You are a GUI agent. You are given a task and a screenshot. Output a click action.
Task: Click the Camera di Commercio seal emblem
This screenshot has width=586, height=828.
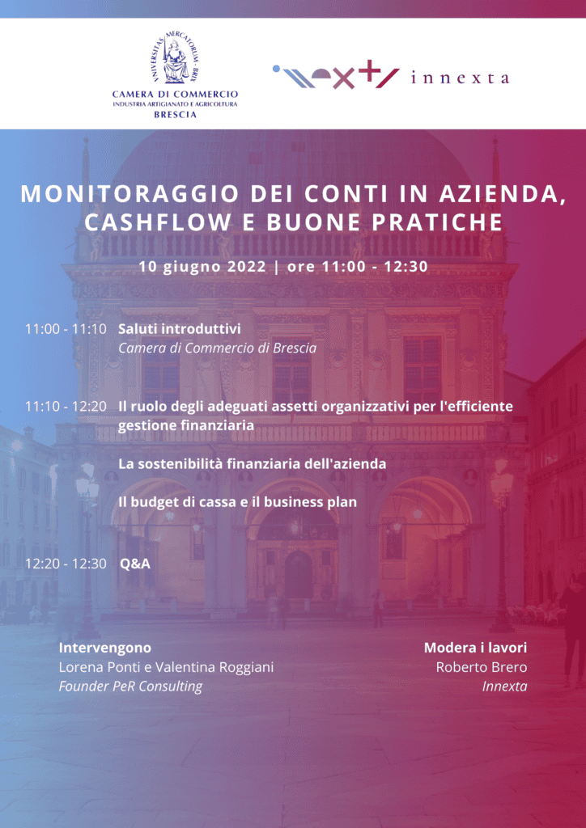tap(174, 57)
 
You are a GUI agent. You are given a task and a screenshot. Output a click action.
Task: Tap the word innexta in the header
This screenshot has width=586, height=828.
tap(460, 78)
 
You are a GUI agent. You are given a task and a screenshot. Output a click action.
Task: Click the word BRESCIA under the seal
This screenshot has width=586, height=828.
tap(175, 115)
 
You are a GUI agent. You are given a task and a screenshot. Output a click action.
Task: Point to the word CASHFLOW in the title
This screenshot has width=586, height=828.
tap(158, 223)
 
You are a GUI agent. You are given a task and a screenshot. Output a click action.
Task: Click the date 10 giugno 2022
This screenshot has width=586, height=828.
tap(203, 267)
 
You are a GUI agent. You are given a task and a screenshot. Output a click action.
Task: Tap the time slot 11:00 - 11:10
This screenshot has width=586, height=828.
tap(66, 329)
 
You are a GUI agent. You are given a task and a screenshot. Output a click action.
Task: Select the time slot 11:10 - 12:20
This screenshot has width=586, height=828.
tap(66, 407)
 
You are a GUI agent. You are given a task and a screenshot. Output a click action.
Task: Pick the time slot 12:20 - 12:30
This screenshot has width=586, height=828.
tap(66, 564)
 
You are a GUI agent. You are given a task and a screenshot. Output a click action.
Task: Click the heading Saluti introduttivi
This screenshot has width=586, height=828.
tap(180, 329)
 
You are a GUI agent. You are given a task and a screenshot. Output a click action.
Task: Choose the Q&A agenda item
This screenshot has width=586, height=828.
tap(135, 564)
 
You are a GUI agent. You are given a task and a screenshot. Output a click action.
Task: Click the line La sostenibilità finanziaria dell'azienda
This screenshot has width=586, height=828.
tap(252, 465)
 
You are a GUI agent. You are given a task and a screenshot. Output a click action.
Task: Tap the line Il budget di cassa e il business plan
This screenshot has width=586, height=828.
tap(237, 502)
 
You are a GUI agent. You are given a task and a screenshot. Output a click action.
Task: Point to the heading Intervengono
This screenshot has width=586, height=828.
tap(105, 648)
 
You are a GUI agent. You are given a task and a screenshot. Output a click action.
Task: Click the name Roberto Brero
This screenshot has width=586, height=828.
tap(482, 667)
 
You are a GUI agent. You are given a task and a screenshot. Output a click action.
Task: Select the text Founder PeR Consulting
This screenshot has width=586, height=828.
tap(130, 686)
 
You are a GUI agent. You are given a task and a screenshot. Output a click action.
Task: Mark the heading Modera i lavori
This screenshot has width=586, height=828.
tap(476, 648)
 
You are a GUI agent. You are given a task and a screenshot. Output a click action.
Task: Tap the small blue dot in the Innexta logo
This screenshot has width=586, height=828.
tap(276, 68)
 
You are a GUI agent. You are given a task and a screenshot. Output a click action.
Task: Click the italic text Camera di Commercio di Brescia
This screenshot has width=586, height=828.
tap(217, 349)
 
